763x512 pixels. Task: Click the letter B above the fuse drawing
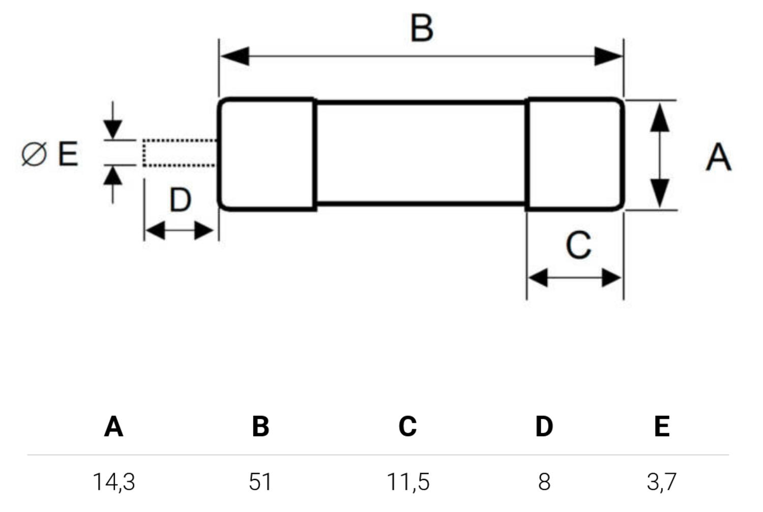pyautogui.click(x=422, y=28)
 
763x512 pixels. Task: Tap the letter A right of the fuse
pyautogui.click(x=718, y=157)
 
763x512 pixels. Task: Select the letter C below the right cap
pyautogui.click(x=578, y=245)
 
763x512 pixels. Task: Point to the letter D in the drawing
pyautogui.click(x=180, y=200)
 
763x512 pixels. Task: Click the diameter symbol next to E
pyautogui.click(x=34, y=154)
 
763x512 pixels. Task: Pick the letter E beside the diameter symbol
pyautogui.click(x=68, y=154)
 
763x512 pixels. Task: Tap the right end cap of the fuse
pyautogui.click(x=575, y=154)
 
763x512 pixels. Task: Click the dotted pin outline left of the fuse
pyautogui.click(x=179, y=153)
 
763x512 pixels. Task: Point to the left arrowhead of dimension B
pyautogui.click(x=235, y=56)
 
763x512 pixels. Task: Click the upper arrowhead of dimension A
pyautogui.click(x=660, y=118)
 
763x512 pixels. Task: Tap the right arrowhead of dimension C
pyautogui.click(x=611, y=278)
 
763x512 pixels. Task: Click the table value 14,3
pyautogui.click(x=114, y=481)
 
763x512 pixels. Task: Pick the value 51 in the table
pyautogui.click(x=260, y=481)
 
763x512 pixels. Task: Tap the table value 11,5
pyautogui.click(x=408, y=481)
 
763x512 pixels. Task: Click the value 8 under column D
pyautogui.click(x=544, y=481)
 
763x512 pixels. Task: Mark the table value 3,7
pyautogui.click(x=661, y=481)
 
